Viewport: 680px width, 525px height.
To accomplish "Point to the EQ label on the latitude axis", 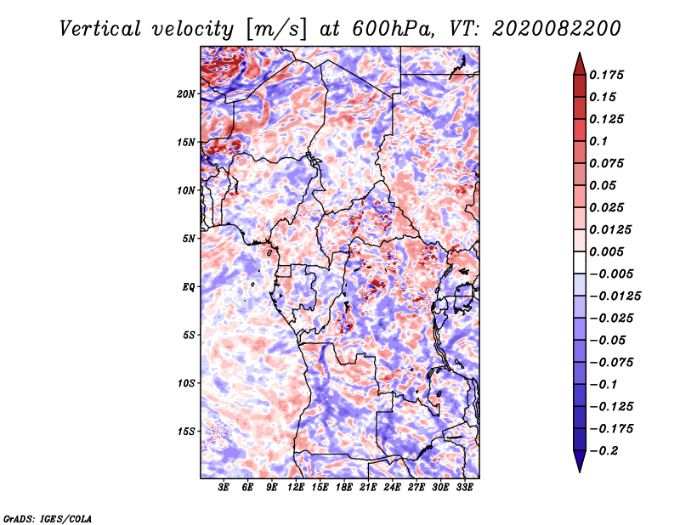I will (x=189, y=287).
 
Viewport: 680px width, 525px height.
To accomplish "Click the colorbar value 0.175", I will (x=609, y=75).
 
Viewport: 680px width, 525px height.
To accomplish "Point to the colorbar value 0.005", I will (x=609, y=251).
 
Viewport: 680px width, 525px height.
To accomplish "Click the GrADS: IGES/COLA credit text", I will (x=47, y=517).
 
